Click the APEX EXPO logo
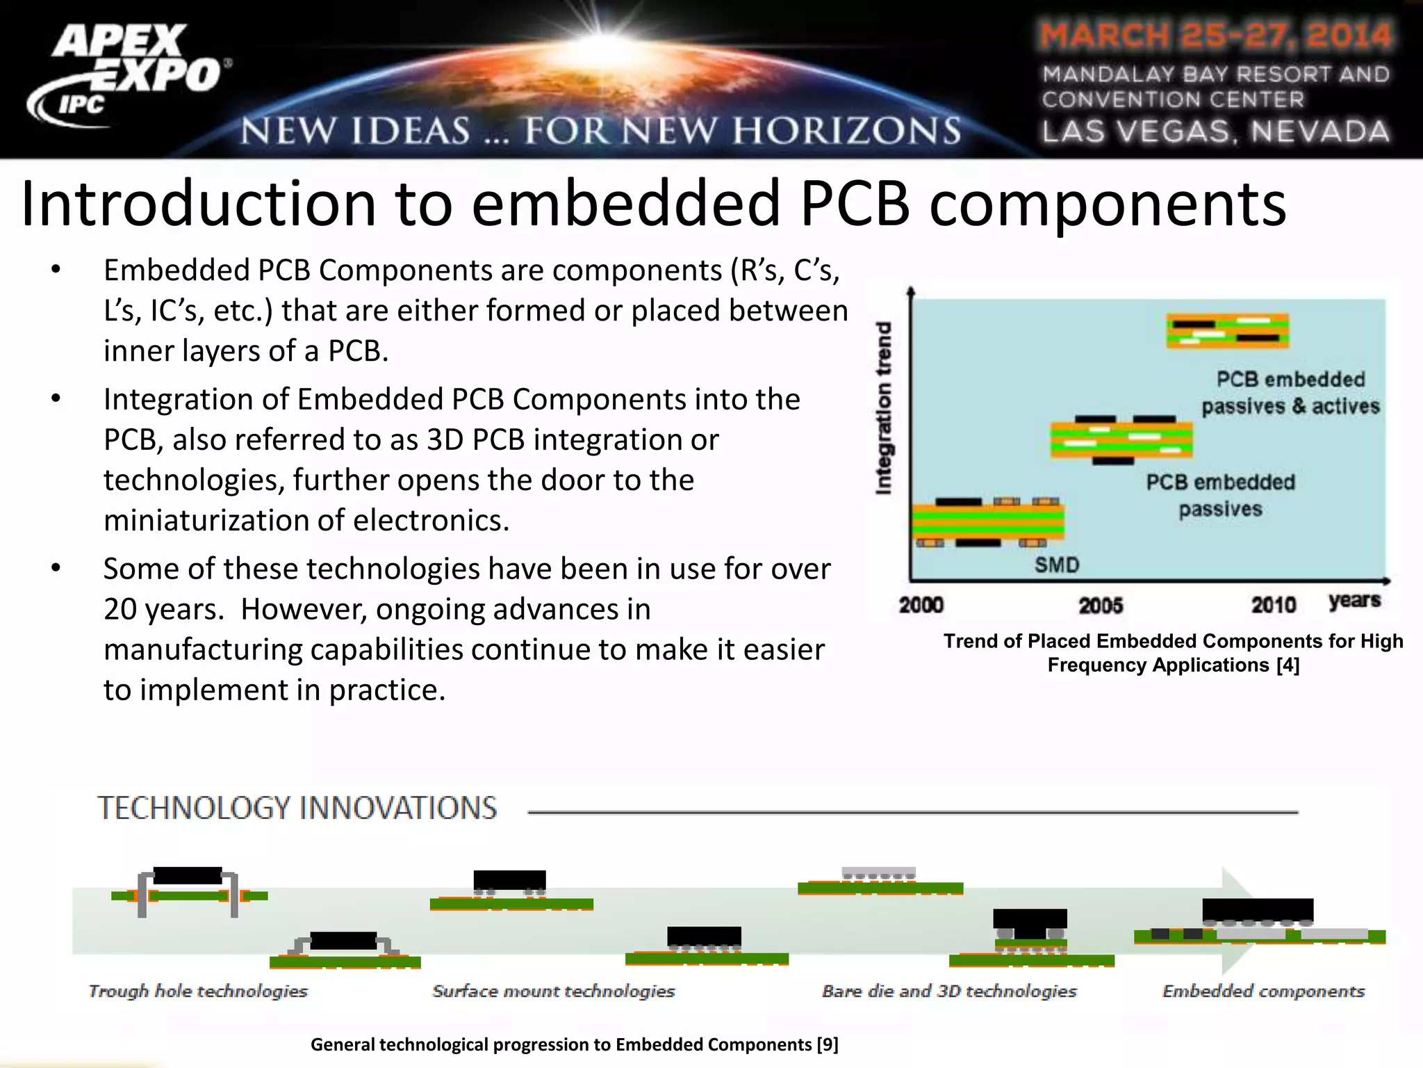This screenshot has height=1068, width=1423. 129,73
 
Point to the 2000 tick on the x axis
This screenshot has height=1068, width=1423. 921,605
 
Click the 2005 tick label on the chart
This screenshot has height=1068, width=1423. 1101,606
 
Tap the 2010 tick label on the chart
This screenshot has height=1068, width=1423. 1274,605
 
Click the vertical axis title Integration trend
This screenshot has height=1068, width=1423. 883,408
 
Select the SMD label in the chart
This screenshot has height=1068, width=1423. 1057,565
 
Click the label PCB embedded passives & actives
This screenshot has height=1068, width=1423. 1290,393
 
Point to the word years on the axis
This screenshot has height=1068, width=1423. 1354,600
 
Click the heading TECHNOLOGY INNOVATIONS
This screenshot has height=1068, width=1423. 297,808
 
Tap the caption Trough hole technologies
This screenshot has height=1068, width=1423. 198,991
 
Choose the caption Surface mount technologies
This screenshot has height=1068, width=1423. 554,991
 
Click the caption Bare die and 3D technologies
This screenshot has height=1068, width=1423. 949,991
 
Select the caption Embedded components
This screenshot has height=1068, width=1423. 1263,991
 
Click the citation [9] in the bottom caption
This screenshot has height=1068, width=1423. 828,1044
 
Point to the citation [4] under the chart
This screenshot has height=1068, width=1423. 1288,665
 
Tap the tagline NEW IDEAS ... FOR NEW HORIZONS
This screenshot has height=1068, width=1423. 601,131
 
